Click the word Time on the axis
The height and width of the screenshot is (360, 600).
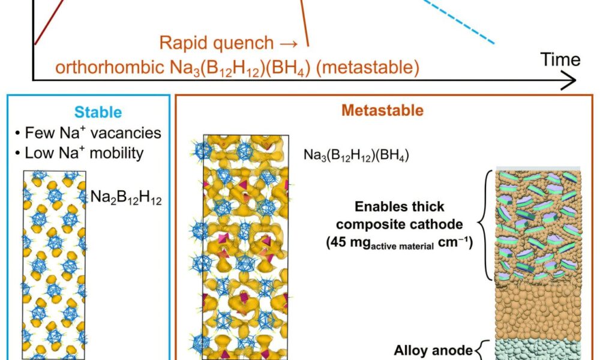click(560, 59)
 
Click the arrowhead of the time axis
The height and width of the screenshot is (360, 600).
click(570, 80)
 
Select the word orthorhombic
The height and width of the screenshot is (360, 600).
click(105, 67)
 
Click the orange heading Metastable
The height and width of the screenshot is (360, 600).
click(383, 110)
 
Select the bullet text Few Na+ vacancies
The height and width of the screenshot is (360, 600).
click(89, 132)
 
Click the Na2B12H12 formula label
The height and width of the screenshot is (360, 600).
click(125, 196)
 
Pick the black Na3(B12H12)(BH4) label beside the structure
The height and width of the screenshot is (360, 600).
click(349, 158)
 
